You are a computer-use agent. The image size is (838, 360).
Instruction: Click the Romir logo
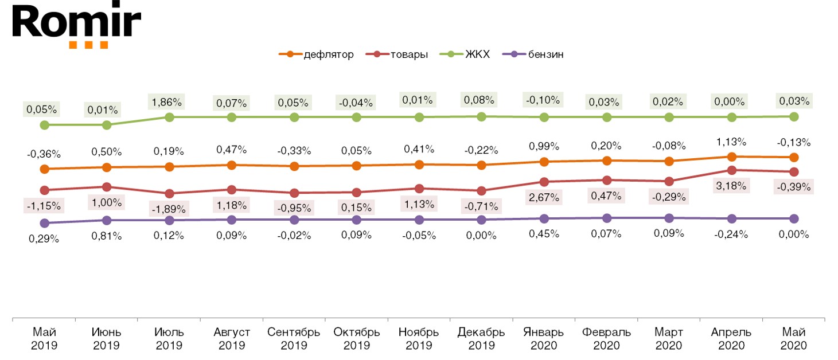click(76, 25)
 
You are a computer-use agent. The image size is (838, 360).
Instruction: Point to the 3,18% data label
click(732, 186)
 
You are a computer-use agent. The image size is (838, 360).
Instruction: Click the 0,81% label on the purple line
click(107, 235)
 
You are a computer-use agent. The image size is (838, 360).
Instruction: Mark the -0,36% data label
click(44, 154)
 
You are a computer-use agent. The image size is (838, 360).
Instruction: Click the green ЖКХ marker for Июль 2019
click(170, 117)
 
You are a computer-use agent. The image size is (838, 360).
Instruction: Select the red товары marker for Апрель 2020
click(732, 170)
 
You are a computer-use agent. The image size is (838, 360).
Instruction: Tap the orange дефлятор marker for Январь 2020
click(544, 162)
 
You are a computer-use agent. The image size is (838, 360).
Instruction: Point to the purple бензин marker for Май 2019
click(44, 223)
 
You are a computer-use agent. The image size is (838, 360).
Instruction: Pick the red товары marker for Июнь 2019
click(107, 187)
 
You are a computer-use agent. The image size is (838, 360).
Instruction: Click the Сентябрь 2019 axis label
click(294, 339)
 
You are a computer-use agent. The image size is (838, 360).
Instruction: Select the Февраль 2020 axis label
click(606, 339)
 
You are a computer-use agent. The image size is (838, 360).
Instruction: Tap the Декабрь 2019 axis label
click(481, 339)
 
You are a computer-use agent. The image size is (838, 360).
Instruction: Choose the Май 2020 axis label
click(794, 339)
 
